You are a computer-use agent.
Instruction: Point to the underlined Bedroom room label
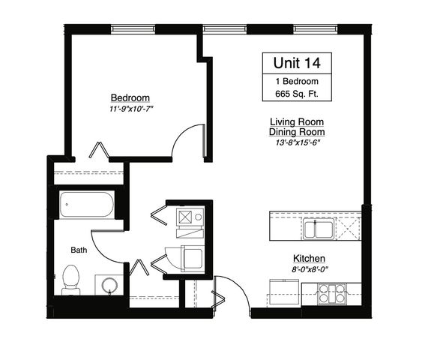coord(130,98)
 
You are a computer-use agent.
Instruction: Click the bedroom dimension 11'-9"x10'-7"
coord(130,109)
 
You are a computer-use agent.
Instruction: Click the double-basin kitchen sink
coord(319,228)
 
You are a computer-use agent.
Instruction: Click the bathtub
coord(86,204)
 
